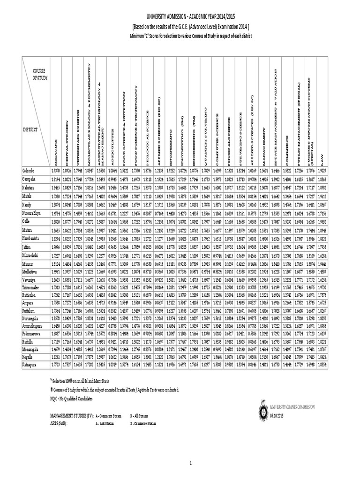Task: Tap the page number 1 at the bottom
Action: (191, 464)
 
